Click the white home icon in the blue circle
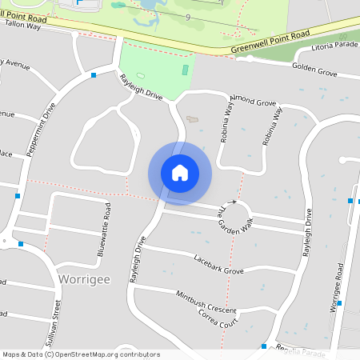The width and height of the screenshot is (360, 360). pyautogui.click(x=180, y=173)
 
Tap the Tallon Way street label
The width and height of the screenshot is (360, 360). pyautogui.click(x=22, y=26)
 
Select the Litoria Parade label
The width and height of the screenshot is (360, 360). pyautogui.click(x=335, y=45)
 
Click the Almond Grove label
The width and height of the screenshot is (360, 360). pyautogui.click(x=253, y=103)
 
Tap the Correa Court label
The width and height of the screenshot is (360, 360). pyautogui.click(x=218, y=320)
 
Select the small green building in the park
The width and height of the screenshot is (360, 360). pyautogui.click(x=186, y=70)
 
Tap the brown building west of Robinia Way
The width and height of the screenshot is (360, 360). pyautogui.click(x=193, y=119)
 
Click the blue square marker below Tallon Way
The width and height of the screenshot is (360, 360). pyautogui.click(x=94, y=75)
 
